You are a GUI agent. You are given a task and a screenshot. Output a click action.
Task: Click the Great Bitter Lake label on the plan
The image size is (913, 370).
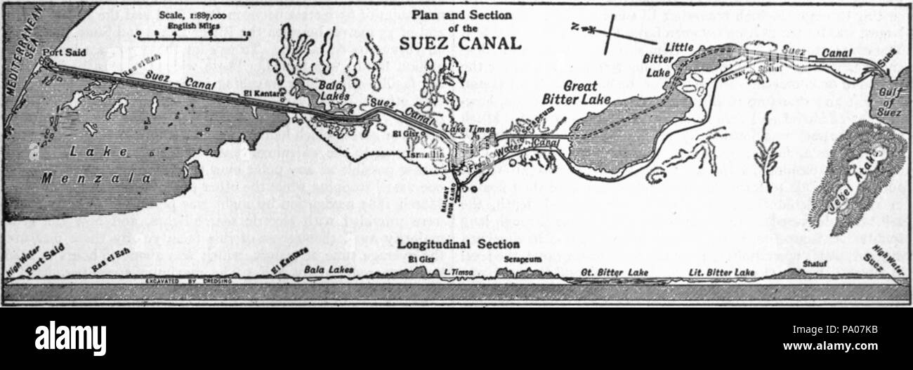(x=579, y=93)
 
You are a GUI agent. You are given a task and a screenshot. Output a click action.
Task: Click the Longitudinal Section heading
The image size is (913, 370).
(x=456, y=244)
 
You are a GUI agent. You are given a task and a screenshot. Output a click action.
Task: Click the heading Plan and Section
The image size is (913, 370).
(x=460, y=13)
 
